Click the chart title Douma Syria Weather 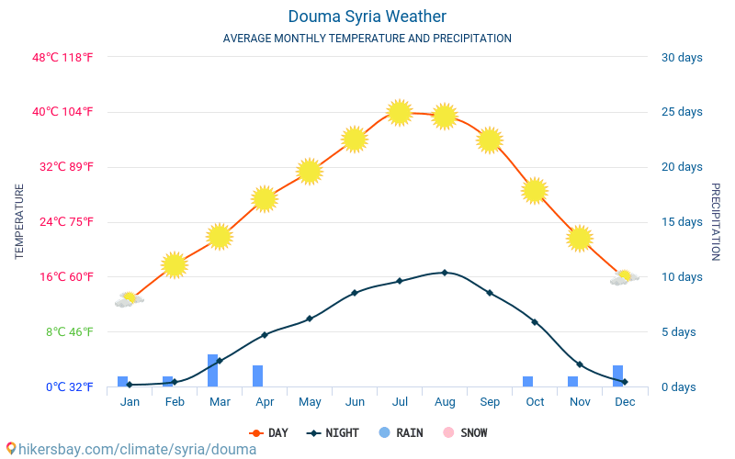(x=367, y=17)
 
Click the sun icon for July (x=399, y=112)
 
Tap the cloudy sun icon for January (x=130, y=299)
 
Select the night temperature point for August (x=445, y=273)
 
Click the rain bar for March (x=212, y=370)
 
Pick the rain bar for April (x=257, y=375)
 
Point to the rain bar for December (x=617, y=375)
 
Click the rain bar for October (x=527, y=381)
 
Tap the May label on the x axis (x=310, y=402)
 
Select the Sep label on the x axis (x=490, y=402)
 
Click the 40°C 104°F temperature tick (x=63, y=112)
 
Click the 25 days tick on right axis (x=681, y=112)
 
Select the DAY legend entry (x=268, y=433)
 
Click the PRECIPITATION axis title (x=715, y=221)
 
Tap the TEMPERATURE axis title (x=19, y=221)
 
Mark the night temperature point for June (x=355, y=293)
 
